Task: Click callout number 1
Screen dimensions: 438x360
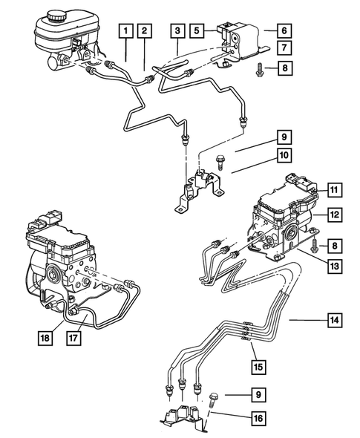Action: [127, 31]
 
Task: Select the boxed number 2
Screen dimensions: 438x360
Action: [145, 31]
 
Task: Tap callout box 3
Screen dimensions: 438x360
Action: [177, 31]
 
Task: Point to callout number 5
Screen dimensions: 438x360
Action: [196, 31]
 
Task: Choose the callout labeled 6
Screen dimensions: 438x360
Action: [284, 31]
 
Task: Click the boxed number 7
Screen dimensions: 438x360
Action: [284, 49]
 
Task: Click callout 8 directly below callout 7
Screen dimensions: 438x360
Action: [284, 69]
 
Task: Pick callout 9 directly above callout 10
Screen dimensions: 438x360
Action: [284, 137]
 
